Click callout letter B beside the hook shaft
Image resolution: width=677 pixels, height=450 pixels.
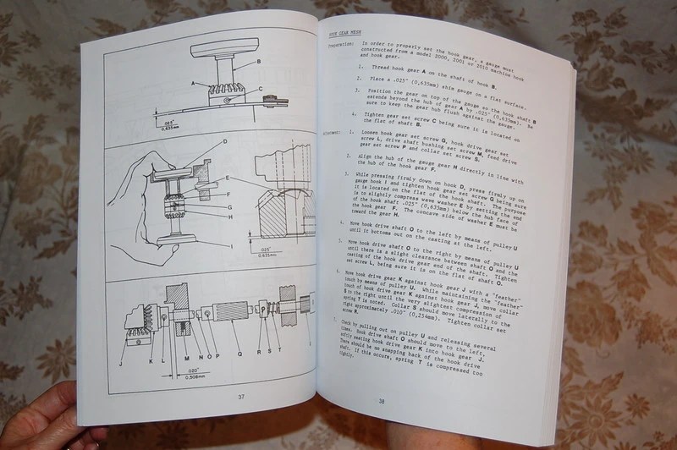(x=258, y=62)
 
